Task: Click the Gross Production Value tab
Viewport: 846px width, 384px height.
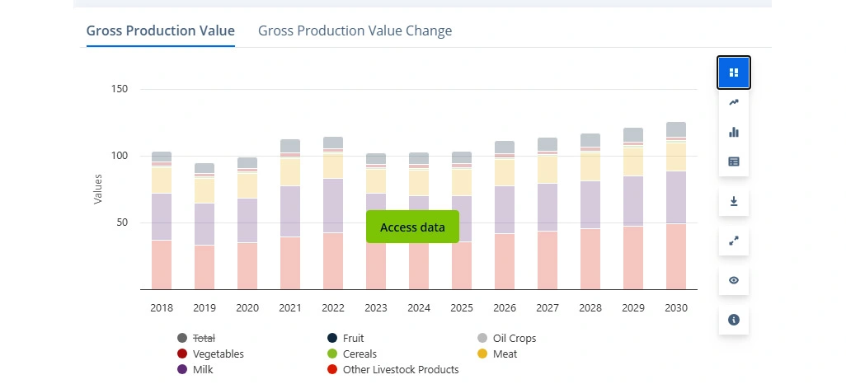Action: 161,31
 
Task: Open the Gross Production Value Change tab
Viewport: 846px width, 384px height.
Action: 355,31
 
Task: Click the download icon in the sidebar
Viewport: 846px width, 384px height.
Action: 734,201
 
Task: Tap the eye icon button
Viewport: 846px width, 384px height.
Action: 734,280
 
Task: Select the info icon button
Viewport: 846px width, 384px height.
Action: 734,319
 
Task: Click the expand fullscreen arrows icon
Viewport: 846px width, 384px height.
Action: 734,241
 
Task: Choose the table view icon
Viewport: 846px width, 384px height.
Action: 734,162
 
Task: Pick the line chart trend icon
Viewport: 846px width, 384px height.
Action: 734,102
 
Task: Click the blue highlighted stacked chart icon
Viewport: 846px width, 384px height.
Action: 734,73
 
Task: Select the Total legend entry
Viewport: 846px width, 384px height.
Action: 203,338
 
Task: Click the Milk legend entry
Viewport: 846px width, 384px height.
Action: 202,370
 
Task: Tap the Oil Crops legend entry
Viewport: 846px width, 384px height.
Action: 514,338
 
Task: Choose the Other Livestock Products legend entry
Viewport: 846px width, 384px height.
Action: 400,370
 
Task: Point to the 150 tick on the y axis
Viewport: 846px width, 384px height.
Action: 120,89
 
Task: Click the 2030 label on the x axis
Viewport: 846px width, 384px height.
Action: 676,307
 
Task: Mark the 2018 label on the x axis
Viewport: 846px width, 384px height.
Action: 162,307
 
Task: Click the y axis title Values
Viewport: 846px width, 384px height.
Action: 98,189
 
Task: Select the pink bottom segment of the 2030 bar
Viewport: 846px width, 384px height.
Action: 676,256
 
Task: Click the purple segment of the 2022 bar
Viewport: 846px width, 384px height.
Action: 333,206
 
